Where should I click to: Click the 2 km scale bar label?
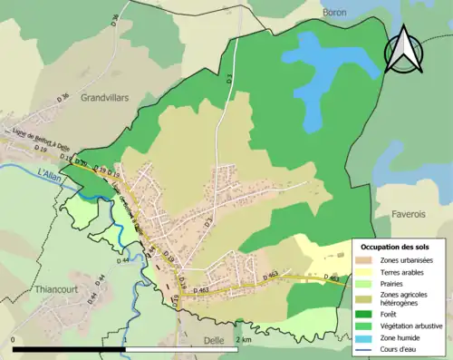pos(243,339)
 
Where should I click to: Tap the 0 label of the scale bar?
pos(14,339)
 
